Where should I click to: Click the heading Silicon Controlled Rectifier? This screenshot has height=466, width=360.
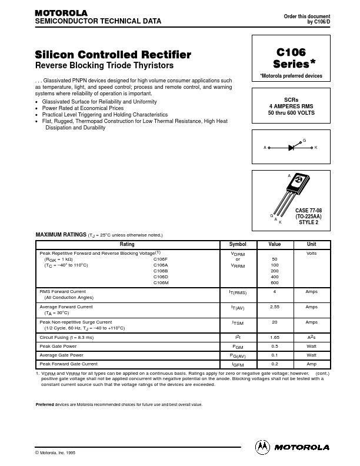[x=113, y=55]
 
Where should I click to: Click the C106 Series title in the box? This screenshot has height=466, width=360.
[x=291, y=58]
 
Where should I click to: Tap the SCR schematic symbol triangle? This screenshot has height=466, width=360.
[x=291, y=148]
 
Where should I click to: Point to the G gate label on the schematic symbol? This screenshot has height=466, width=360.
[x=304, y=141]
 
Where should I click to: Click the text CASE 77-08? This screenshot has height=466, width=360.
[x=308, y=211]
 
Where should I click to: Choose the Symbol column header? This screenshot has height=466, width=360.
[x=238, y=244]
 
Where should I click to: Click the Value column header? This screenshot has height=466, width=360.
[x=275, y=244]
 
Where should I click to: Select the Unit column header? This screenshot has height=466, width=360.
[x=311, y=244]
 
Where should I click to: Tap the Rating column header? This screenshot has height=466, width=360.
[x=127, y=244]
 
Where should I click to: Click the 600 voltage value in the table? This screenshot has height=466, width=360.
[x=275, y=283]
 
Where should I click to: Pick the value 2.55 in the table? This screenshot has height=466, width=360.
[x=275, y=307]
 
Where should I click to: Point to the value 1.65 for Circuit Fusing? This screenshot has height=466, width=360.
[x=275, y=338]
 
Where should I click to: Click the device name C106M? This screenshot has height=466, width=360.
[x=161, y=283]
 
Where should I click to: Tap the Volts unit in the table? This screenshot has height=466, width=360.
[x=311, y=253]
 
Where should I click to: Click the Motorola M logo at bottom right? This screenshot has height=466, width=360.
[x=262, y=447]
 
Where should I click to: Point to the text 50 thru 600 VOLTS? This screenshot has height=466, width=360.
[x=291, y=112]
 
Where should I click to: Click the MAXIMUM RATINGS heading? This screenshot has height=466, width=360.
[x=61, y=235]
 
